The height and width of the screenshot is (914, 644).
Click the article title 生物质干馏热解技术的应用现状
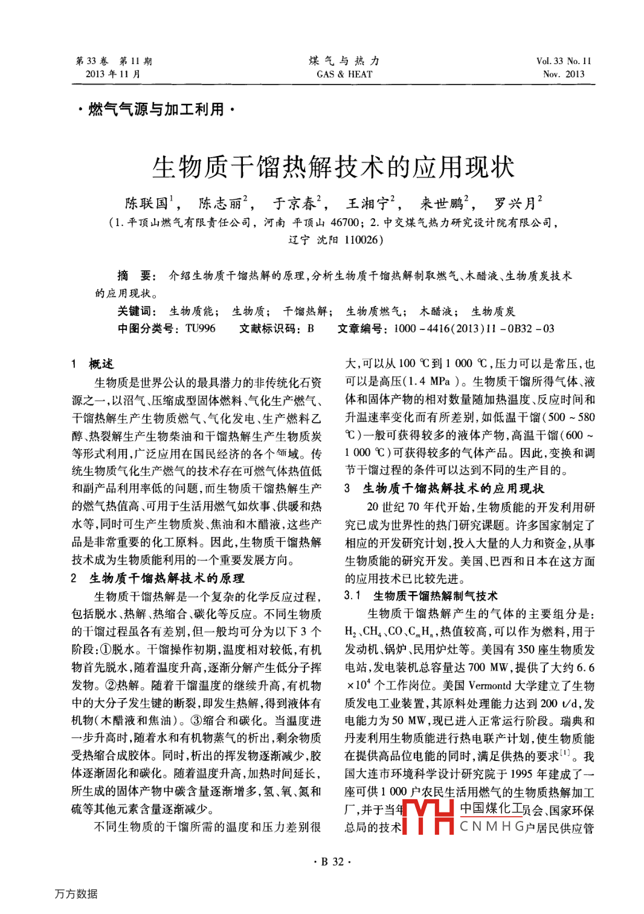pyautogui.click(x=333, y=167)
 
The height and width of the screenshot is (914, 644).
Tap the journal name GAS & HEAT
pyautogui.click(x=344, y=74)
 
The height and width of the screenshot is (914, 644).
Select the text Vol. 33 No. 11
pyautogui.click(x=564, y=61)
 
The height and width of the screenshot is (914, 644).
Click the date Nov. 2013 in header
pyautogui.click(x=564, y=74)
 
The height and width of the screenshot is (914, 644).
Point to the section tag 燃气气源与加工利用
pyautogui.click(x=156, y=109)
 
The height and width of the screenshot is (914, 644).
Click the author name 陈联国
pyautogui.click(x=147, y=203)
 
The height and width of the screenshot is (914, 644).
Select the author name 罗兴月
pyautogui.click(x=515, y=203)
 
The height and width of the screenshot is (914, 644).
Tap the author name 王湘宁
pyautogui.click(x=367, y=203)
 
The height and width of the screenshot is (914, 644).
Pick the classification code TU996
pyautogui.click(x=200, y=329)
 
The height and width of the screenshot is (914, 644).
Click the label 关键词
pyautogui.click(x=136, y=311)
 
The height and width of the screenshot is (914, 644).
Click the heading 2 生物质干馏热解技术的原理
pyautogui.click(x=158, y=579)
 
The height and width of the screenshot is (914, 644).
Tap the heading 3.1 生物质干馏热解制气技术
pyautogui.click(x=421, y=596)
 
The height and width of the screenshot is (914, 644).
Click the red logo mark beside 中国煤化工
pyautogui.click(x=428, y=817)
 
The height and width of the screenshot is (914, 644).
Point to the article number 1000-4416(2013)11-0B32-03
pyautogui.click(x=474, y=329)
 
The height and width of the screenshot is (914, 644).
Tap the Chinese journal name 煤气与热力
pyautogui.click(x=344, y=61)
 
